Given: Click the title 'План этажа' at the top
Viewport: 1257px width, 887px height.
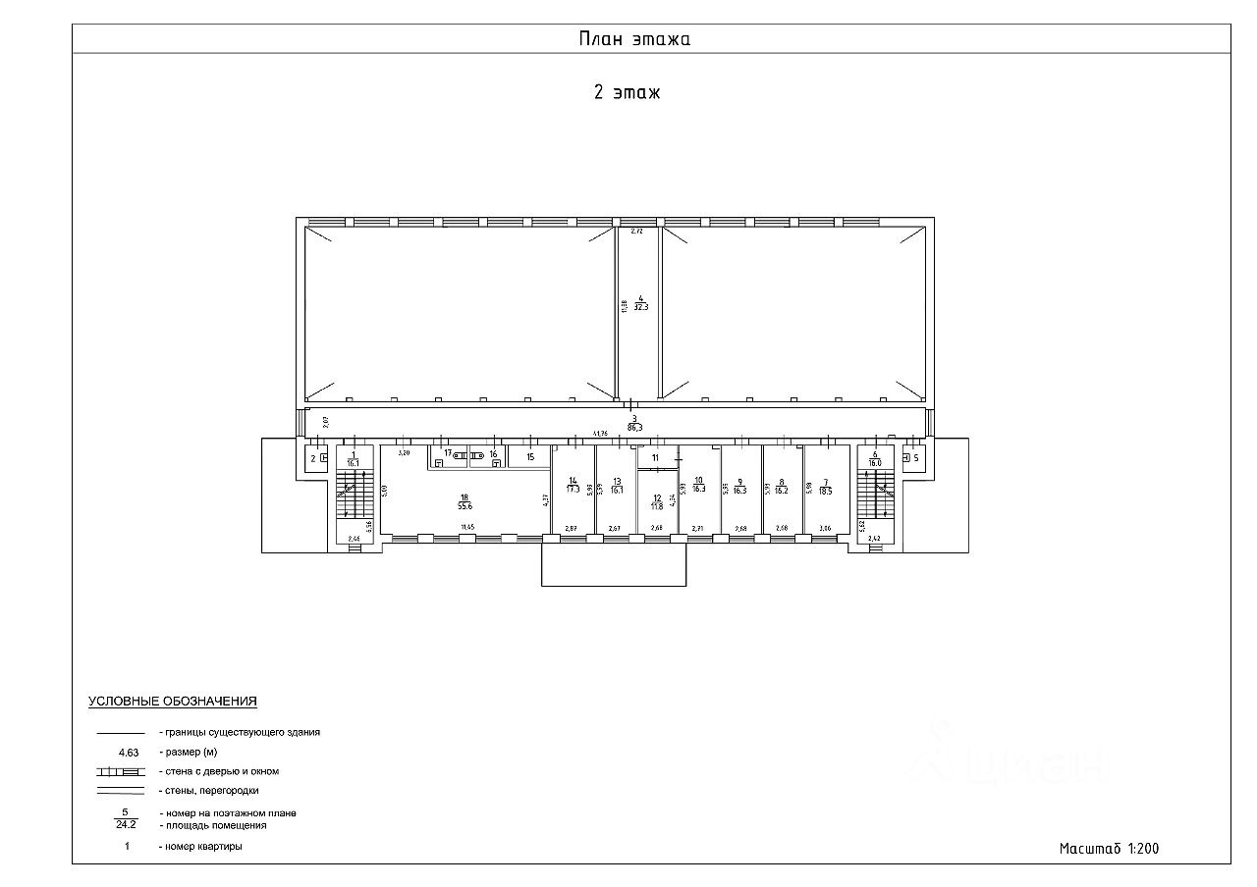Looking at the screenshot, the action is (x=633, y=39).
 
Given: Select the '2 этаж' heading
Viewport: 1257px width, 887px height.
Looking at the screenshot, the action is (x=627, y=93).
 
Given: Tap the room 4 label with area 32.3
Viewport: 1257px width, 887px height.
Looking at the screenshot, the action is (x=640, y=302).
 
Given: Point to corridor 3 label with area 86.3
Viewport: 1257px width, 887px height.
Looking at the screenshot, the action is (x=635, y=423).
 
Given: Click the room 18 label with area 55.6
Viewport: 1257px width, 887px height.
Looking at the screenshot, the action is (x=465, y=501).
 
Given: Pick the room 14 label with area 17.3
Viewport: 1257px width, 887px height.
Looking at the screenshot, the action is (x=573, y=485).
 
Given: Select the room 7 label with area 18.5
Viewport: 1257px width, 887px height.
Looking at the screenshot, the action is (x=826, y=485).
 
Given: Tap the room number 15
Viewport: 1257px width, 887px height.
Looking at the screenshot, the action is (x=530, y=456).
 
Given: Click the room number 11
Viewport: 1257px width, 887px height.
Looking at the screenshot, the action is (x=655, y=457).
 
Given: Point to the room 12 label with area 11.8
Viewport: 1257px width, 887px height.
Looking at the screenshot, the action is (x=658, y=502).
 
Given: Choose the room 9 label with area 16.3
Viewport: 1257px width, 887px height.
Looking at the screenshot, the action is (x=739, y=485).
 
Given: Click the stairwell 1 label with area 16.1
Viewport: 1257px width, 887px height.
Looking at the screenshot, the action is (x=354, y=457).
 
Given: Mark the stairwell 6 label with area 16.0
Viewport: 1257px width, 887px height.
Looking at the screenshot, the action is (x=874, y=457).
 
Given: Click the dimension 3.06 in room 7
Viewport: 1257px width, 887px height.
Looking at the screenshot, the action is (x=825, y=529).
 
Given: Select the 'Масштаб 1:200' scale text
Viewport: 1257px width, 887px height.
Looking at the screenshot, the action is (x=1109, y=849).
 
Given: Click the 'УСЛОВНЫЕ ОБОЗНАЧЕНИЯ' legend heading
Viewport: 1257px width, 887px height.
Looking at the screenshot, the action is (x=173, y=702).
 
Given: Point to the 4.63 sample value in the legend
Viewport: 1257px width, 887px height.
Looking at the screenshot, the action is (x=129, y=753).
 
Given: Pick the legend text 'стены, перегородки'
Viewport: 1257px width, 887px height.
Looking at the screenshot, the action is (x=209, y=790).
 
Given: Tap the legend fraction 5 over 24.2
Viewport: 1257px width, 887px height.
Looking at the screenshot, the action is (x=126, y=818).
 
